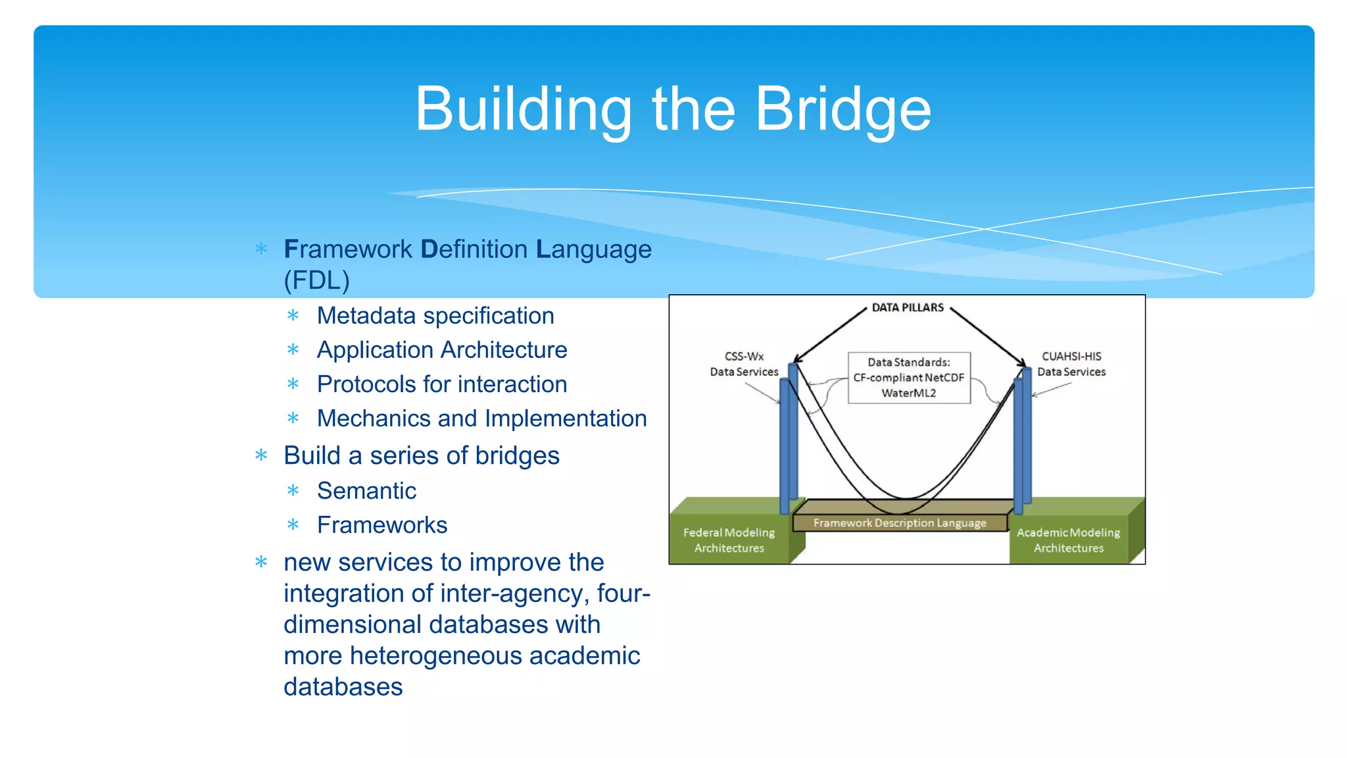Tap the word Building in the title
(523, 109)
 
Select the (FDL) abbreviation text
(316, 280)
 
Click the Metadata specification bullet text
(435, 316)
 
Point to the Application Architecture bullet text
(441, 350)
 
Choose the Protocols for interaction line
(441, 384)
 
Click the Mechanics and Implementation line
(481, 418)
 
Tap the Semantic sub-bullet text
(366, 491)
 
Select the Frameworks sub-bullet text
(381, 525)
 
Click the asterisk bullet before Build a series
(261, 455)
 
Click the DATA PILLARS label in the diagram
(907, 307)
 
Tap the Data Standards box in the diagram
(908, 378)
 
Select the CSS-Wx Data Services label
(744, 364)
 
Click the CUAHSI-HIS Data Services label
(1071, 364)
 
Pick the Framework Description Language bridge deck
(899, 523)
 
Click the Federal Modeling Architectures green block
(729, 540)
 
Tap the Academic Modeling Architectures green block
(1068, 540)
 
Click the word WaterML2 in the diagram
(908, 393)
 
